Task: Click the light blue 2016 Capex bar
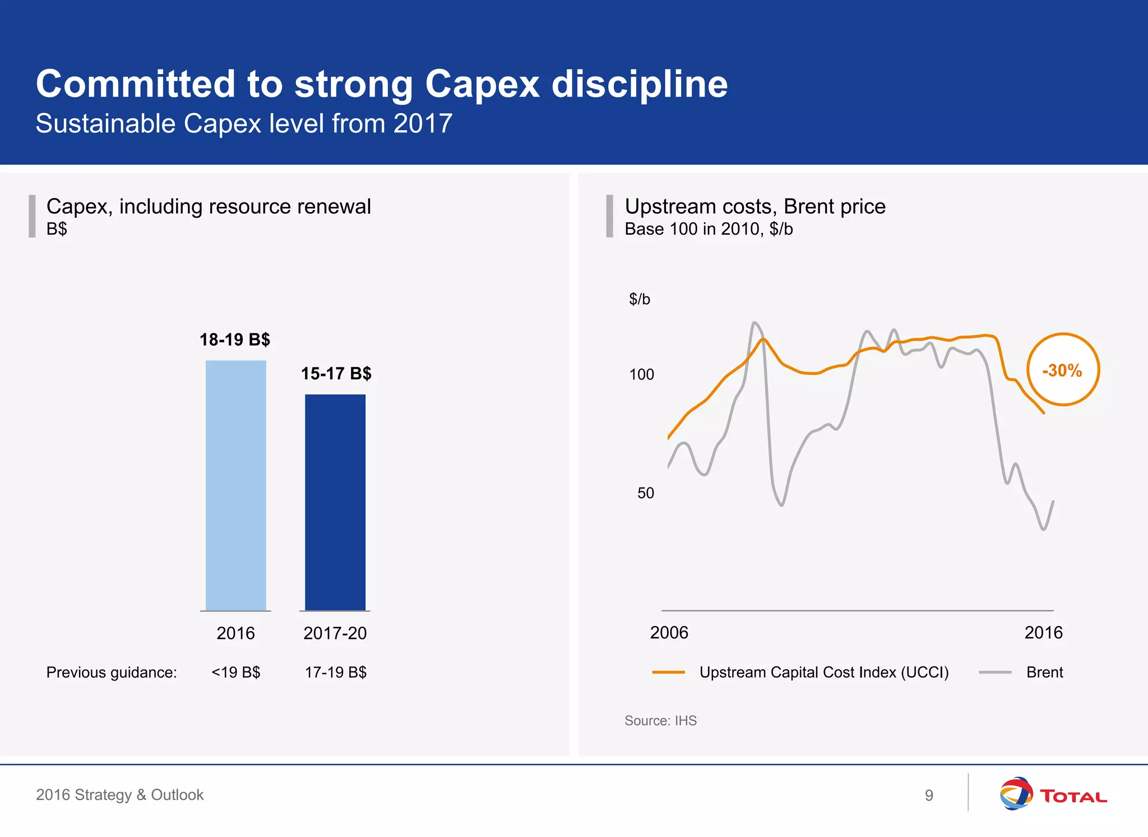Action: coord(235,485)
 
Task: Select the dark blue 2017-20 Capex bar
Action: coord(335,502)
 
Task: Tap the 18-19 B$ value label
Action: coord(235,339)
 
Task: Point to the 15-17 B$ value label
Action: coord(336,374)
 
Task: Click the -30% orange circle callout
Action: coord(1063,370)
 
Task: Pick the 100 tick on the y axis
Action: coord(641,375)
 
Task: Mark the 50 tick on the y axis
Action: coord(645,493)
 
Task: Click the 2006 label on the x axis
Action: coord(669,633)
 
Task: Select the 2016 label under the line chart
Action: coord(1043,633)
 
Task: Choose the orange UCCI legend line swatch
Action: coord(668,672)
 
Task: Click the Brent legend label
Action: coord(1044,672)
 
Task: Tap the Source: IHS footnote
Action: coord(660,721)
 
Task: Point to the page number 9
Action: coord(929,795)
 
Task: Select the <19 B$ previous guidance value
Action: coord(235,672)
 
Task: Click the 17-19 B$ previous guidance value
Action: coord(335,672)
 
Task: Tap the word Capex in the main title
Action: coord(482,84)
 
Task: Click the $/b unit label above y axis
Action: coord(639,299)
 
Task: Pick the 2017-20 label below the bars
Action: coord(335,633)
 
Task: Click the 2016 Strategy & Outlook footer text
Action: coord(119,795)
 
